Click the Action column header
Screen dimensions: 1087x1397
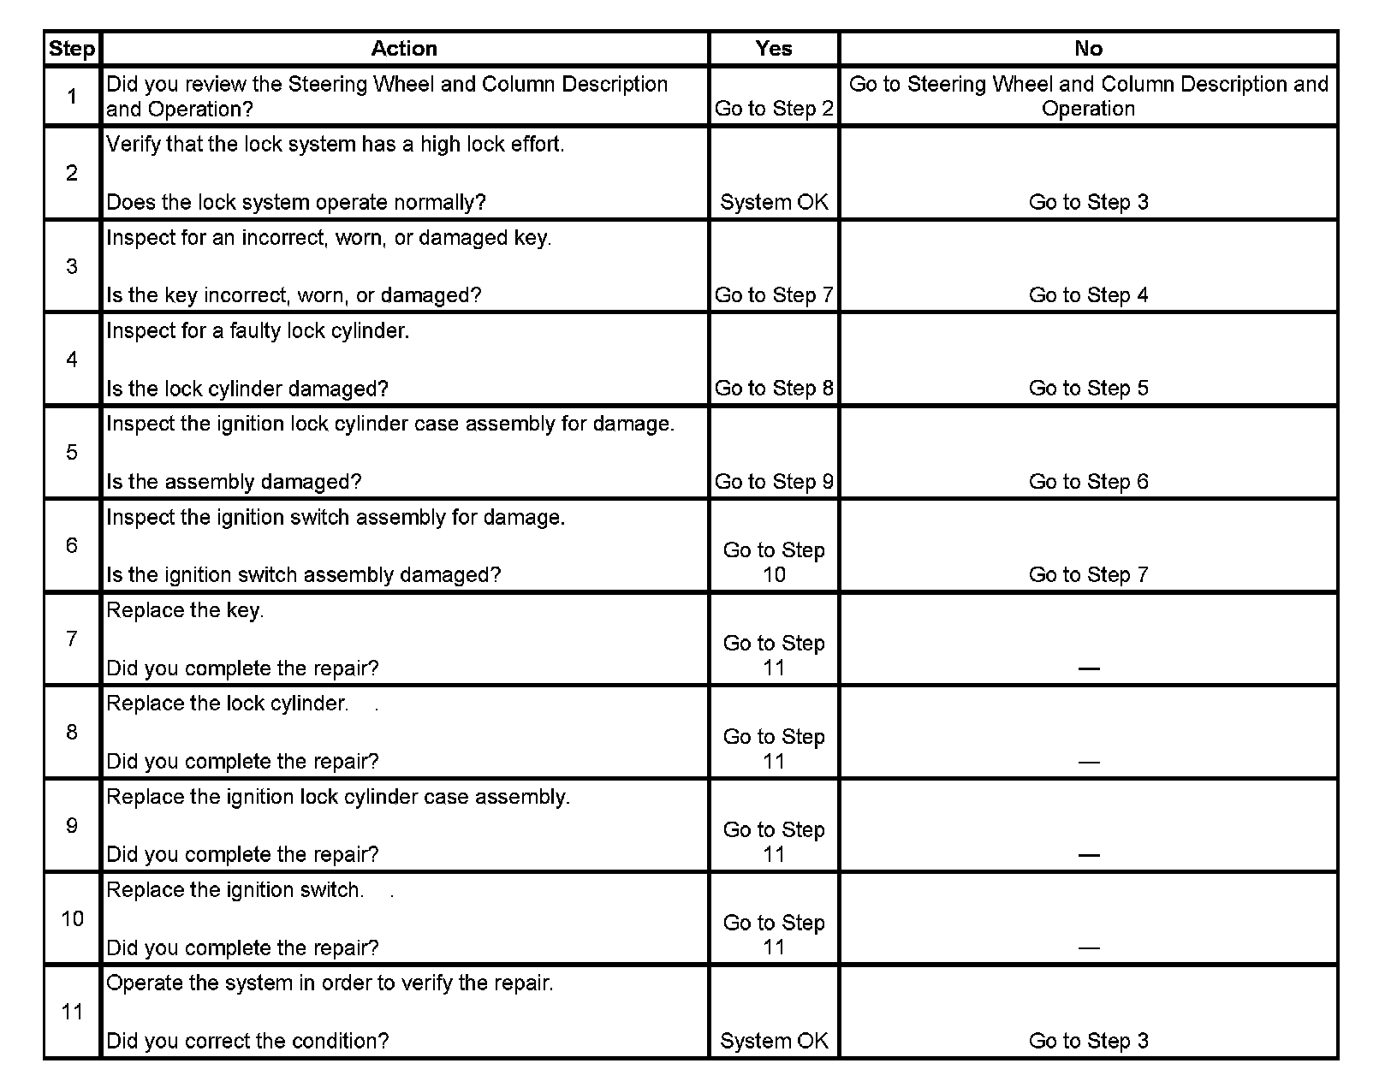pyautogui.click(x=404, y=49)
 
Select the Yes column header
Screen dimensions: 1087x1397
pyautogui.click(x=774, y=49)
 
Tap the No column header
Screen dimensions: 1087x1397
pyautogui.click(x=1088, y=49)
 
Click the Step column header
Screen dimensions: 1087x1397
pyautogui.click(x=72, y=49)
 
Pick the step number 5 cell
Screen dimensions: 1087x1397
pyautogui.click(x=72, y=452)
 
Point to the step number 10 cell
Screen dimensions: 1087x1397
pyautogui.click(x=72, y=918)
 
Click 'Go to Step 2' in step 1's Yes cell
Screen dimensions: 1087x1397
pyautogui.click(x=774, y=109)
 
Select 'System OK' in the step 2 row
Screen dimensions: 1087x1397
pyautogui.click(x=774, y=202)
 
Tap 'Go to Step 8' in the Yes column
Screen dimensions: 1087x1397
pyautogui.click(x=774, y=389)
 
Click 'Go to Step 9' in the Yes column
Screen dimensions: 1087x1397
pyautogui.click(x=774, y=482)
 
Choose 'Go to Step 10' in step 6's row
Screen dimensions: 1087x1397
pyautogui.click(x=774, y=562)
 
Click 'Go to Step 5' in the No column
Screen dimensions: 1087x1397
pyautogui.click(x=1088, y=389)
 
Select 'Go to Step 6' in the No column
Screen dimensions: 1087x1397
pyautogui.click(x=1088, y=482)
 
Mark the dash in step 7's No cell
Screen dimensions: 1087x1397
pyautogui.click(x=1088, y=668)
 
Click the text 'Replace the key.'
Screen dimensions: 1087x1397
pyautogui.click(x=185, y=611)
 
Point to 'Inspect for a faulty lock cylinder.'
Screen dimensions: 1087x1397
pyautogui.click(x=258, y=331)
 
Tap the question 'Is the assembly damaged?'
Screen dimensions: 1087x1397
pyautogui.click(x=234, y=482)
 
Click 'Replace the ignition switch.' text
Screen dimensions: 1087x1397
pyautogui.click(x=235, y=890)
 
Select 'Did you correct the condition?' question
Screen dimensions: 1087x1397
pyautogui.click(x=247, y=1042)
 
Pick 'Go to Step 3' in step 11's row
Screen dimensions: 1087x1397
pyautogui.click(x=1088, y=1042)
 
